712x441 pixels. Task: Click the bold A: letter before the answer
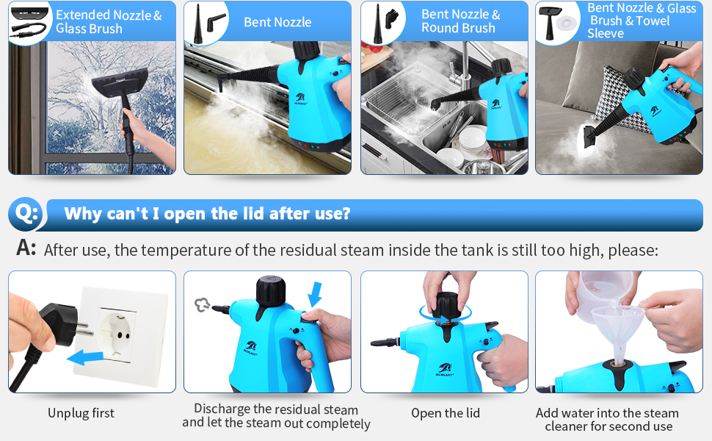tap(26, 248)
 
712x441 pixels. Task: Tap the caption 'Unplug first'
tap(81, 413)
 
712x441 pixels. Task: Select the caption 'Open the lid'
tap(445, 413)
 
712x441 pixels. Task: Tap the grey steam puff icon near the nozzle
tap(202, 305)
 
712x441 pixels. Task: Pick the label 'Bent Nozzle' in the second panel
tap(277, 22)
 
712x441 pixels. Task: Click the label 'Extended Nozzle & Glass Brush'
tap(109, 21)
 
